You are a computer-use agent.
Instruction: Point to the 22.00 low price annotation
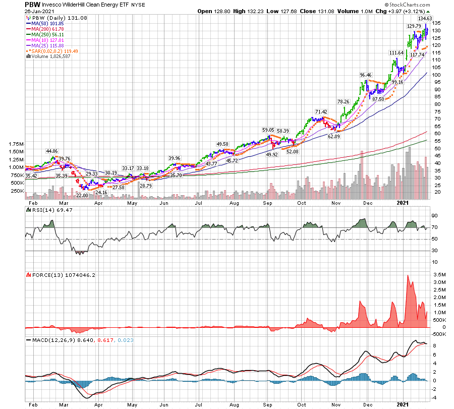(x=82, y=195)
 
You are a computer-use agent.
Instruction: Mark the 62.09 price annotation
(x=334, y=136)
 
